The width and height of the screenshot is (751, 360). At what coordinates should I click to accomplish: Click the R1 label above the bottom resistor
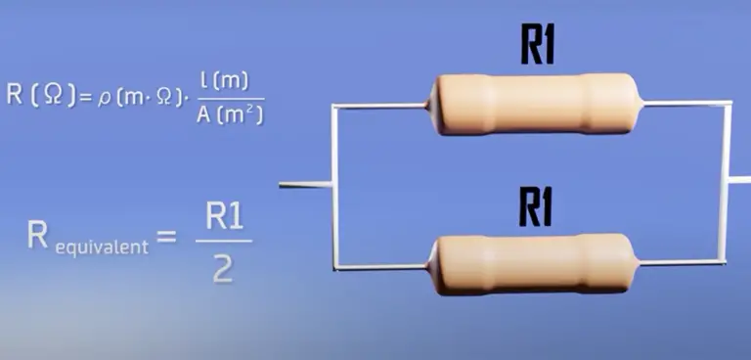click(x=537, y=205)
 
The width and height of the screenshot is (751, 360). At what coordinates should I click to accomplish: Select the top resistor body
click(x=535, y=103)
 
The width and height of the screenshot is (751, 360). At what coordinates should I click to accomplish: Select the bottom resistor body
click(x=535, y=263)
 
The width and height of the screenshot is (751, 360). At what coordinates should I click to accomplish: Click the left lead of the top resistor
click(x=381, y=105)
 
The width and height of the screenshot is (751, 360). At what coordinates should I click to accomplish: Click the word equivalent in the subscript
click(x=102, y=247)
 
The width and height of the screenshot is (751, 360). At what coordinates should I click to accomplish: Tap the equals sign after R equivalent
click(x=167, y=236)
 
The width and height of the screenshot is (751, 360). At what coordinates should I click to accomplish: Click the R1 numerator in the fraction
click(x=223, y=216)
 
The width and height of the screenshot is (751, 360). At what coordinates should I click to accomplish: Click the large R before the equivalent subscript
click(x=39, y=235)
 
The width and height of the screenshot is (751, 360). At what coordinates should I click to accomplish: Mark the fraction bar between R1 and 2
click(x=223, y=242)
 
